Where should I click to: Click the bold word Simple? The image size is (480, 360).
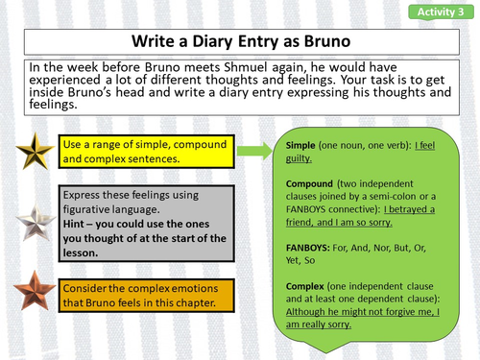(306, 144)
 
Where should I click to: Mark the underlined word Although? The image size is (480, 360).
(315, 311)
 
